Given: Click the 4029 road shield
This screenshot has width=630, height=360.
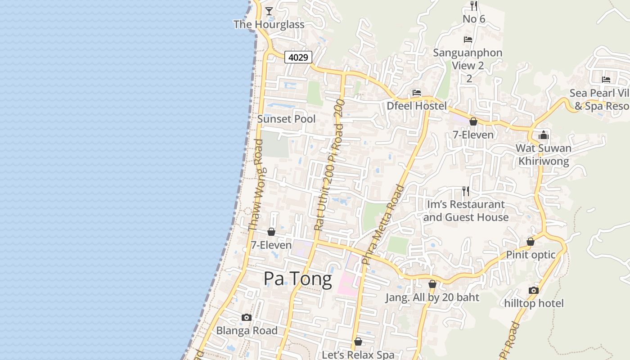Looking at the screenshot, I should tap(298, 57).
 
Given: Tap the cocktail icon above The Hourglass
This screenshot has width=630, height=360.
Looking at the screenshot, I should tap(269, 11).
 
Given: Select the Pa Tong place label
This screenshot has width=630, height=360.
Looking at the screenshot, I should tap(297, 279).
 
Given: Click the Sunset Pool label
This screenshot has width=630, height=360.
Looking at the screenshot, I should tap(286, 119).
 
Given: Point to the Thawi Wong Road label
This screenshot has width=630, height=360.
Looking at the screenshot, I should tap(257, 185).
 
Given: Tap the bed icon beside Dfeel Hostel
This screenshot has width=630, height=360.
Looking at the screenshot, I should tap(417, 93).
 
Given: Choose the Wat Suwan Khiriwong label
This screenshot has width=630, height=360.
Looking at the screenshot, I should tap(544, 154).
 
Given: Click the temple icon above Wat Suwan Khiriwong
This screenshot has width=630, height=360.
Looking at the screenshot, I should tap(544, 135).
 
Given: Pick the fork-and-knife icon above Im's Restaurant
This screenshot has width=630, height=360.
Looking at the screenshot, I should tap(466, 191).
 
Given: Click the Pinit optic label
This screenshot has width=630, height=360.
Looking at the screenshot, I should tap(531, 255).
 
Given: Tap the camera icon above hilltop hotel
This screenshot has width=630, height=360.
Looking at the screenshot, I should tap(534, 291).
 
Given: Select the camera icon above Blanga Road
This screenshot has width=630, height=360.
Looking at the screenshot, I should tap(247, 318).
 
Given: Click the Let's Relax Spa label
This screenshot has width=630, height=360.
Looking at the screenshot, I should tap(358, 355).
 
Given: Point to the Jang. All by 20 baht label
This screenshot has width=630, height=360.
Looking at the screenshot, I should tap(432, 297).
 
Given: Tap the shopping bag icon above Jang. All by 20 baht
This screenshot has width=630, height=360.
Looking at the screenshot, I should tap(432, 284).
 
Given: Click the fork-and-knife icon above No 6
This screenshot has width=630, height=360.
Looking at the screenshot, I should tap(473, 5).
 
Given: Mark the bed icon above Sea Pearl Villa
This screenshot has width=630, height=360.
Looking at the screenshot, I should tap(606, 80).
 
